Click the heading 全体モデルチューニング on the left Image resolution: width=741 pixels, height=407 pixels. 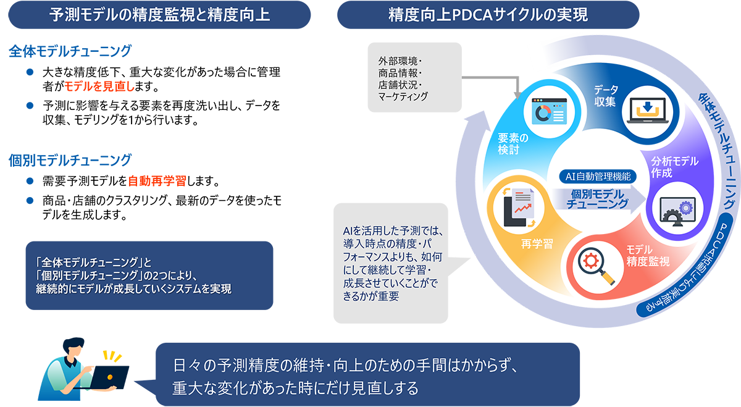pos(70,51)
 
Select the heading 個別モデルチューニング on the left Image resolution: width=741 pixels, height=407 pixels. pos(70,160)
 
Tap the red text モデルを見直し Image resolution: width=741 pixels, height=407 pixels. pos(99,86)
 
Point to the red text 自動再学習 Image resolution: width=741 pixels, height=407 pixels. pos(157,181)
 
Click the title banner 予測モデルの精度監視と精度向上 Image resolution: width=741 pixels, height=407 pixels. pos(159,15)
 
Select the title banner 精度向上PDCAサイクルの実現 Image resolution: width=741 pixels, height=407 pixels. pos(488,15)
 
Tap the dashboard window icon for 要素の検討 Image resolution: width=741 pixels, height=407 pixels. pos(549,111)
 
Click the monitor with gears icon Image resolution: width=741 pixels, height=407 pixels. pos(677,212)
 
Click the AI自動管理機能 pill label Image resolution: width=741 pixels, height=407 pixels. pos(598,177)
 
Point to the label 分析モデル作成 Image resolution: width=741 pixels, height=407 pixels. pos(675,167)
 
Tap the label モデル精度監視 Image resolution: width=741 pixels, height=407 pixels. pos(648,256)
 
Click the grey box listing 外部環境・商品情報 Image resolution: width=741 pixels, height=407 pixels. pos(414,77)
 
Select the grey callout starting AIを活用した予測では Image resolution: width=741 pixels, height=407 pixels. pos(391,263)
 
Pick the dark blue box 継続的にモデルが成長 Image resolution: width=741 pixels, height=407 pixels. pos(149,275)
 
